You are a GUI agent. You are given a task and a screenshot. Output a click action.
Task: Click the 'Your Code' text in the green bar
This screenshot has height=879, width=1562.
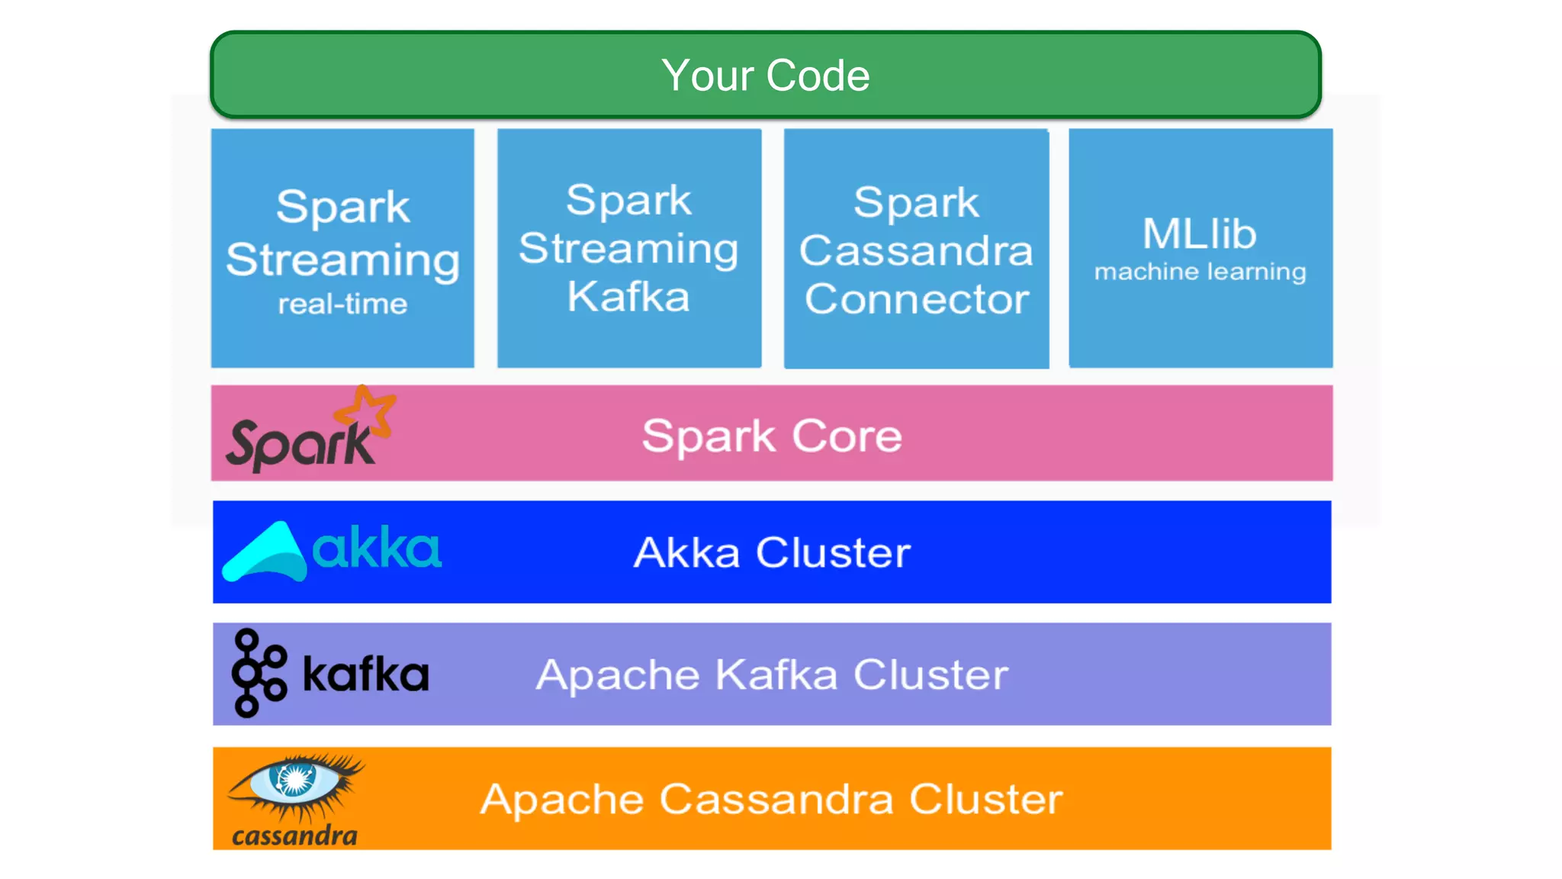tap(765, 76)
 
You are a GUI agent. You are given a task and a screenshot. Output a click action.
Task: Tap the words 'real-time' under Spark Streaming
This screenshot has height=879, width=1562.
tap(342, 304)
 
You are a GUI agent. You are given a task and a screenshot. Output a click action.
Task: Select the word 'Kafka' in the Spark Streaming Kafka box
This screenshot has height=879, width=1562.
tap(628, 297)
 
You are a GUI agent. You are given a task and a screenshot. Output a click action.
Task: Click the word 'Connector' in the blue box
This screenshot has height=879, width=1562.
tap(917, 298)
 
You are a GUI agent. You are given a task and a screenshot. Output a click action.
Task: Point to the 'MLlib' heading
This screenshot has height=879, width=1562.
tap(1199, 233)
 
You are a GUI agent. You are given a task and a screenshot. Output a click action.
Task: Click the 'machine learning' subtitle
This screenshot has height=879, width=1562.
tap(1200, 272)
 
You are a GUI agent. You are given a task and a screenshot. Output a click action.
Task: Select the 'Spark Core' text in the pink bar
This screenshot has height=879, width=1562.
tap(772, 436)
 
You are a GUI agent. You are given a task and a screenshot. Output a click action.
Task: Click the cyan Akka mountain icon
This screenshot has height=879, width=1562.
tap(265, 552)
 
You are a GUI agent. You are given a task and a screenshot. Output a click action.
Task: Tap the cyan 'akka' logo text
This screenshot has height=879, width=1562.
tap(377, 548)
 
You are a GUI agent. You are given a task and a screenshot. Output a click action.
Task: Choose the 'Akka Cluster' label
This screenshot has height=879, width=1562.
tap(772, 552)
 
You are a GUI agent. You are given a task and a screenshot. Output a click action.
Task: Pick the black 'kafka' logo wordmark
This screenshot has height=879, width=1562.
tap(366, 675)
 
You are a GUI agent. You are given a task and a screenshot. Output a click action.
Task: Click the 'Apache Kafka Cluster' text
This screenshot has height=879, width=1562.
tap(772, 675)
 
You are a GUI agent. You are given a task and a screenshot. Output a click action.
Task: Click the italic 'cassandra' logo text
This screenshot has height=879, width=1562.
tap(294, 836)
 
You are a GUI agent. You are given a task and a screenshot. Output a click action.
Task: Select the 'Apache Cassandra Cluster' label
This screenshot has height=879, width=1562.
tap(772, 799)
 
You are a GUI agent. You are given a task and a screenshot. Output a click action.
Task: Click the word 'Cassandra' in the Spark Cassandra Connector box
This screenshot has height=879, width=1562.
tap(916, 250)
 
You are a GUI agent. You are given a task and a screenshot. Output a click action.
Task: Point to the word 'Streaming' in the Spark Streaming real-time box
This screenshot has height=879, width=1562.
tap(342, 259)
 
